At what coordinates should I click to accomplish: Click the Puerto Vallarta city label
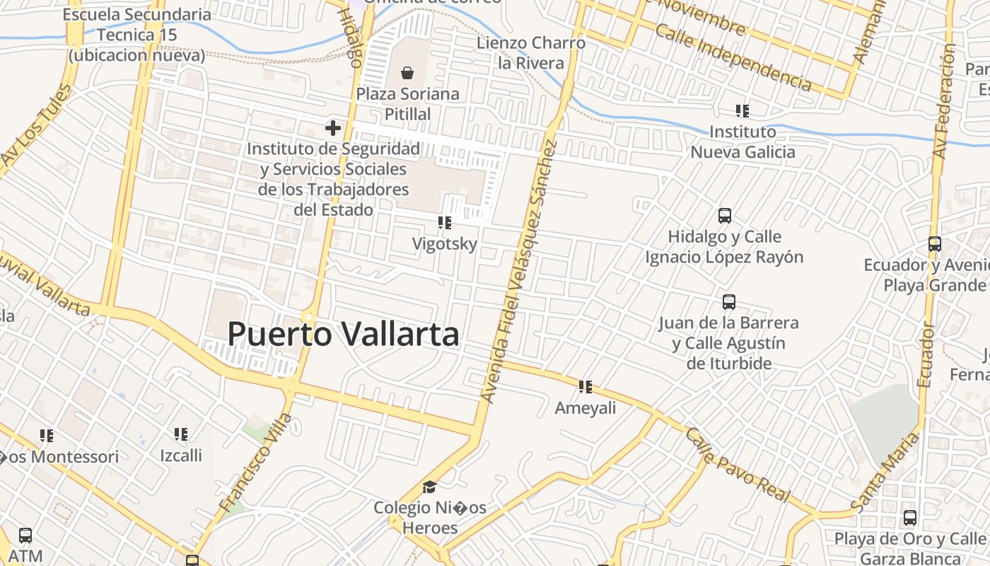coord(343,334)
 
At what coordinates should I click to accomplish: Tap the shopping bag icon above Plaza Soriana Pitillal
coord(407,72)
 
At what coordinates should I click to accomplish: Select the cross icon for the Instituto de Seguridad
coord(333,128)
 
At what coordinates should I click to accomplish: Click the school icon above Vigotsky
coord(445,224)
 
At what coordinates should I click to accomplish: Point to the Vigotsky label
coord(445,244)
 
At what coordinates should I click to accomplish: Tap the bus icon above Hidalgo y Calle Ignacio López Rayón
coord(725,216)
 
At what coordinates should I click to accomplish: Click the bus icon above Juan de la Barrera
coord(729,302)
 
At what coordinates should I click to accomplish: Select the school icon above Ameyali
coord(586,387)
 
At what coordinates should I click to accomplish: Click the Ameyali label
coord(586,408)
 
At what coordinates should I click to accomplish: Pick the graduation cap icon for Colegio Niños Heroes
coord(429,487)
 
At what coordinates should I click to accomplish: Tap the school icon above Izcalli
coord(181,434)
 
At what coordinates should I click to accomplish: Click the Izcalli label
coord(181,456)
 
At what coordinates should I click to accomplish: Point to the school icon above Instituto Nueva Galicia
coord(742,110)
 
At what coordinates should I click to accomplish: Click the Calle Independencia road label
coord(733,57)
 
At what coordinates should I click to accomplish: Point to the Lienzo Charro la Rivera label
coord(531,52)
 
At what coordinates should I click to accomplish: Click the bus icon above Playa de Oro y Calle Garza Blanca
coord(910,518)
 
